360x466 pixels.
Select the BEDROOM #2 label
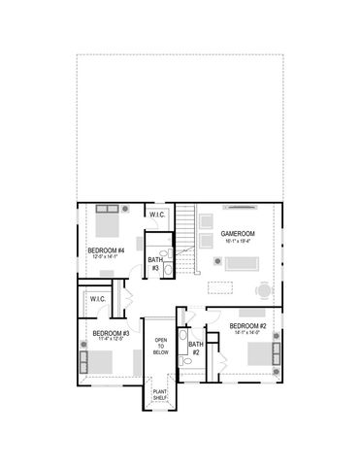pyautogui.click(x=248, y=325)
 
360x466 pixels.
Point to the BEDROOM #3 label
pyautogui.click(x=111, y=333)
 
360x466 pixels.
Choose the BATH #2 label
pyautogui.click(x=195, y=348)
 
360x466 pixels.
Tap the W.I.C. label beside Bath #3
pyautogui.click(x=158, y=215)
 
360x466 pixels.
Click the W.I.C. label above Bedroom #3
pyautogui.click(x=98, y=299)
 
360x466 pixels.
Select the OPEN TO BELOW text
pyautogui.click(x=161, y=347)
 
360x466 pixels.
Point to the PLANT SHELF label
pyautogui.click(x=160, y=395)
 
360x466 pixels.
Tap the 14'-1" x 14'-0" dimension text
pyautogui.click(x=247, y=333)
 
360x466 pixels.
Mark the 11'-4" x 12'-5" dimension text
pyautogui.click(x=111, y=340)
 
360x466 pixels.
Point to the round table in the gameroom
pyautogui.click(x=263, y=288)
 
